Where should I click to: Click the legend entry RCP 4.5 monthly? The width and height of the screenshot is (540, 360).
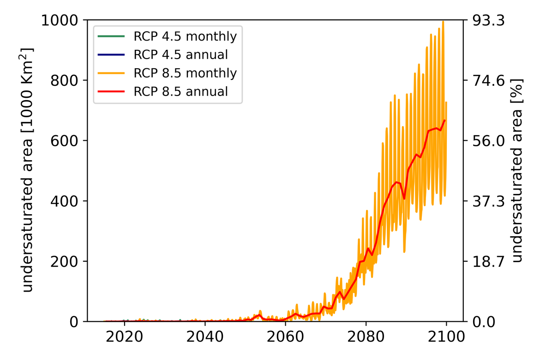[185, 36]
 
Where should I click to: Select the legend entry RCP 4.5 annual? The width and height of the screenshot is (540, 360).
[180, 54]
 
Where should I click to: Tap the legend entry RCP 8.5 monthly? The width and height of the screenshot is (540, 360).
[185, 73]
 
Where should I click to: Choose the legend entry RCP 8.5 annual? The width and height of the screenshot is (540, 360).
[180, 91]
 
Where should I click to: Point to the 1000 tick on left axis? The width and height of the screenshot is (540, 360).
[62, 20]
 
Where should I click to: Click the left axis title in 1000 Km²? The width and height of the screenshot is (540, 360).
[29, 170]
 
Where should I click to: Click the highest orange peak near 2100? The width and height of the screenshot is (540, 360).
[444, 22]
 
